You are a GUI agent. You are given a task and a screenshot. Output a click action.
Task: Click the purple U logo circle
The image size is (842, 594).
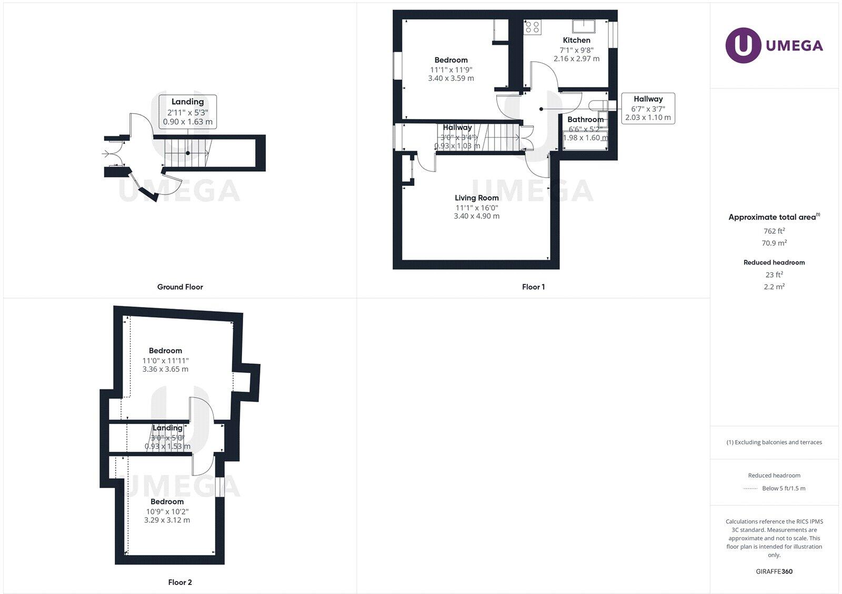click(x=743, y=45)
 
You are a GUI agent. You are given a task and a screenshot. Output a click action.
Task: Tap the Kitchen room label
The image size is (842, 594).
click(x=576, y=40)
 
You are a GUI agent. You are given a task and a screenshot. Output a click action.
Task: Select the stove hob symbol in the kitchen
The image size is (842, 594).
click(x=533, y=27)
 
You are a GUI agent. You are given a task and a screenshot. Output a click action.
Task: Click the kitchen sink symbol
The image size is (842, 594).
click(x=584, y=26)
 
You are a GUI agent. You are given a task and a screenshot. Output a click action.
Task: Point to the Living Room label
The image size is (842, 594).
click(x=476, y=198)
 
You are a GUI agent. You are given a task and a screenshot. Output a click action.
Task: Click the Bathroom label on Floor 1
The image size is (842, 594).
click(x=585, y=120)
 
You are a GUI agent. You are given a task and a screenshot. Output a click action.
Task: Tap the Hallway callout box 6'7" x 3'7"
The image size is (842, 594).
click(x=648, y=108)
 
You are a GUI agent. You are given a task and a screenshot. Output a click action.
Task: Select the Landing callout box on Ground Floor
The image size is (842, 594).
click(x=187, y=111)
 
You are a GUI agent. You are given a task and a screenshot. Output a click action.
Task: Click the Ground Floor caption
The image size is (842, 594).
click(x=180, y=287)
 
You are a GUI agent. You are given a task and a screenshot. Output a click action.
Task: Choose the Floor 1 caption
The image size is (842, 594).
click(x=533, y=287)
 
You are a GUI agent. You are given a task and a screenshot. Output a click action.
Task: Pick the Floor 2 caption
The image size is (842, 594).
click(x=180, y=582)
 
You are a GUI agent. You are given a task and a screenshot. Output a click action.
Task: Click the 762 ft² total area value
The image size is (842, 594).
click(x=774, y=231)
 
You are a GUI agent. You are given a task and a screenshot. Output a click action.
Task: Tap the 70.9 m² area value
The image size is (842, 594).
click(x=774, y=243)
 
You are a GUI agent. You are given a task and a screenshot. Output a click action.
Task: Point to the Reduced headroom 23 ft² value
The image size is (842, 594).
click(x=774, y=274)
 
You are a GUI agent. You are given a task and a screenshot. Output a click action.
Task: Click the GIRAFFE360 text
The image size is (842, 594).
click(x=774, y=571)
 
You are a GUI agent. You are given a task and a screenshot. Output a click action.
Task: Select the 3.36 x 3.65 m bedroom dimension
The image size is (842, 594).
click(x=165, y=369)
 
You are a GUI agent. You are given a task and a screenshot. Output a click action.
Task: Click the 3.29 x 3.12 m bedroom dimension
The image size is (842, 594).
click(x=167, y=520)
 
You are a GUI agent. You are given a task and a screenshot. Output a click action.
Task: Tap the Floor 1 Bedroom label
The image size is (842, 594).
click(x=451, y=60)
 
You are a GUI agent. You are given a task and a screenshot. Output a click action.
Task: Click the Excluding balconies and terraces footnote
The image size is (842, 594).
click(x=774, y=442)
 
